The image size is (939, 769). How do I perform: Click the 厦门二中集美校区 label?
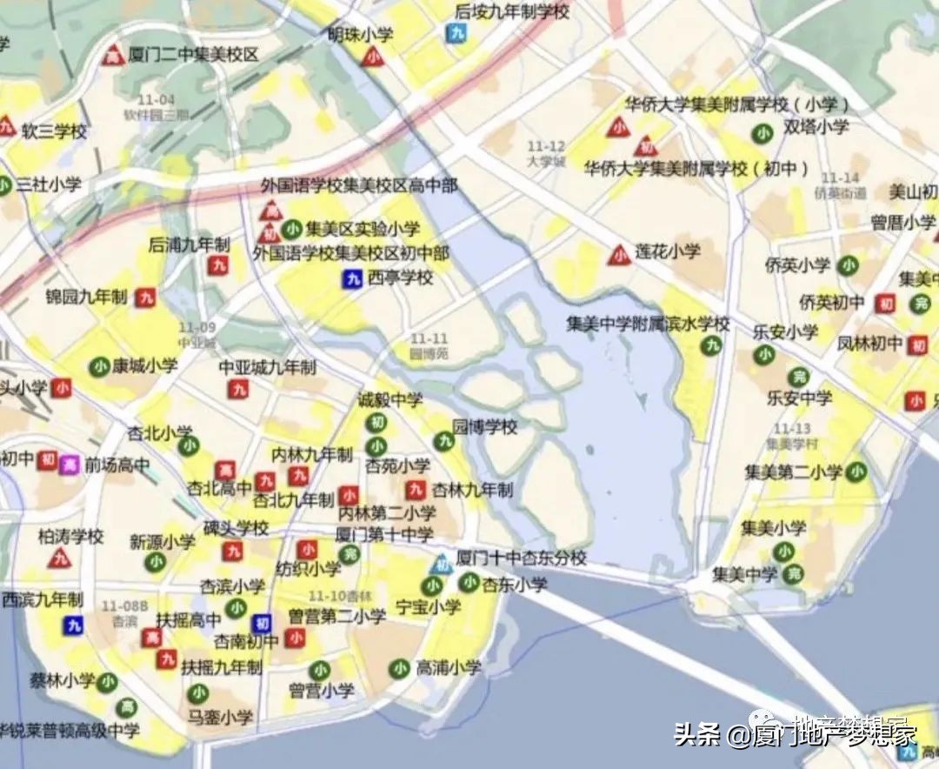pos(193,55)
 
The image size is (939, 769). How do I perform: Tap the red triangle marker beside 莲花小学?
pos(619,255)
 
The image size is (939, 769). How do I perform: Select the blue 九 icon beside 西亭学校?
pos(351,279)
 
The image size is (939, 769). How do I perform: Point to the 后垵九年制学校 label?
pos(512,11)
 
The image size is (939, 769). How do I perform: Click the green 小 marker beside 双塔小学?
pos(763,133)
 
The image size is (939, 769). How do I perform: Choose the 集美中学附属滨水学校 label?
pos(648,324)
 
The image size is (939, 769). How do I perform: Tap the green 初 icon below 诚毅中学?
pos(376,423)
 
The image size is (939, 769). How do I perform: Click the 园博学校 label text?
pos(485,427)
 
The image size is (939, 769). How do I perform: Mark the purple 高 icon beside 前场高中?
pos(70,464)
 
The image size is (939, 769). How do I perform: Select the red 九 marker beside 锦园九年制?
pos(145,298)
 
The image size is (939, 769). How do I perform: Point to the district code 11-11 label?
pos(430,338)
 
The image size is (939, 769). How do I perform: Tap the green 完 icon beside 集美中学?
pos(792,574)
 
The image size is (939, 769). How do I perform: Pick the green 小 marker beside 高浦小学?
pos(399,668)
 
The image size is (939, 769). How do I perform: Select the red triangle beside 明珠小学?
pos(373,57)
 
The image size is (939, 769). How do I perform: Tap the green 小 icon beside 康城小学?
pos(98,365)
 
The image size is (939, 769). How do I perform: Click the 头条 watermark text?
pos(697,735)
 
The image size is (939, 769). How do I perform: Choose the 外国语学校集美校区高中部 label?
pos(359,186)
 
